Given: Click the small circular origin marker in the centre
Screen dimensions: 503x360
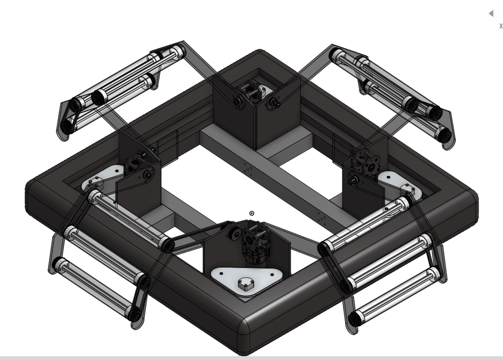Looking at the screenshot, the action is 252,213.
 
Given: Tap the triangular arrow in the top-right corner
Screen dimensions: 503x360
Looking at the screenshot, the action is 491,13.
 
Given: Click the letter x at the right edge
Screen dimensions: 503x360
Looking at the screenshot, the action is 501,25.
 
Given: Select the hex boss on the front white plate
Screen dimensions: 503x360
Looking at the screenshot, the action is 246,284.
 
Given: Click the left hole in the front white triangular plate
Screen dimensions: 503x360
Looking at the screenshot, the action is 222,274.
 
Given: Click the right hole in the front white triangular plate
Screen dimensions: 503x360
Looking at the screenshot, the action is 272,274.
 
